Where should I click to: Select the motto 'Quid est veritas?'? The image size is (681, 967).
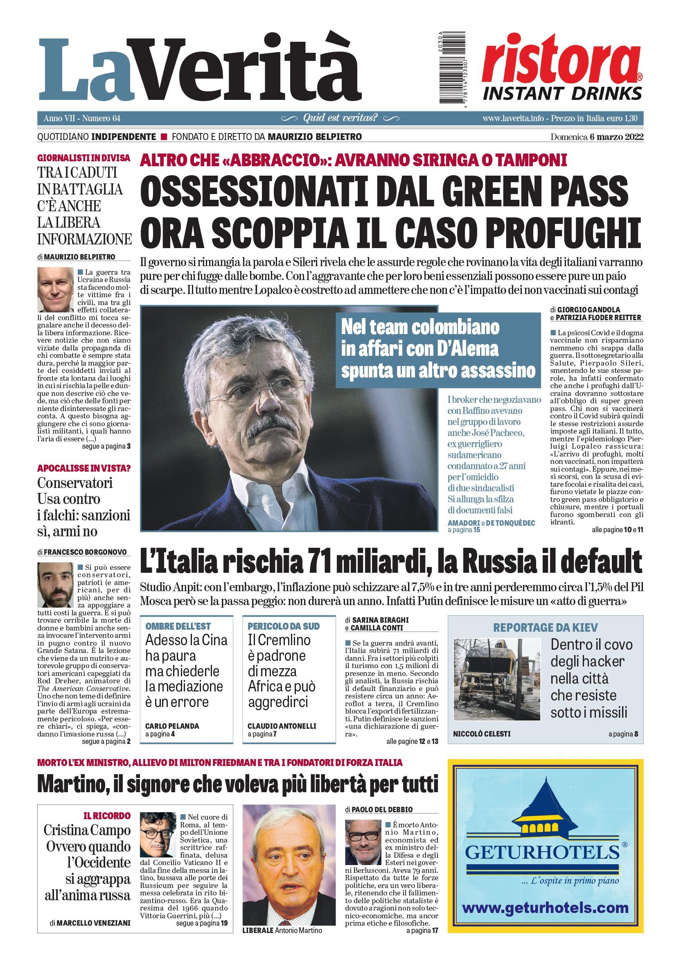click(340, 118)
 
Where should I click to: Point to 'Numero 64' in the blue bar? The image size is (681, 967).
click(101, 118)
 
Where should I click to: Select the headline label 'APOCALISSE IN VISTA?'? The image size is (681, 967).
click(84, 468)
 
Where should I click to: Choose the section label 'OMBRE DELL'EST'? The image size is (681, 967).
click(178, 626)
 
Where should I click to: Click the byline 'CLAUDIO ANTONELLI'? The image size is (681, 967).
click(282, 726)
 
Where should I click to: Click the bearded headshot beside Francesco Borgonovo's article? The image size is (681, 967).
click(55, 584)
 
